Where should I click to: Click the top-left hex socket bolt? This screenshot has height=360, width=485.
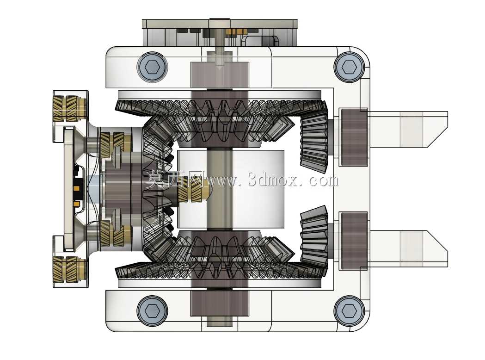[x=152, y=67]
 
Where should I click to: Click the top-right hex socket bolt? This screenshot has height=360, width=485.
[x=349, y=67]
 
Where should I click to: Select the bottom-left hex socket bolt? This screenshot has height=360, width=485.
[x=152, y=310]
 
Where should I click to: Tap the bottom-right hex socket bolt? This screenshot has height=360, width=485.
[x=349, y=310]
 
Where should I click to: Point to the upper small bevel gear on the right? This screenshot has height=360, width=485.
[x=314, y=141]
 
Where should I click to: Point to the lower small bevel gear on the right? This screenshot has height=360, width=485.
[x=314, y=237]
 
